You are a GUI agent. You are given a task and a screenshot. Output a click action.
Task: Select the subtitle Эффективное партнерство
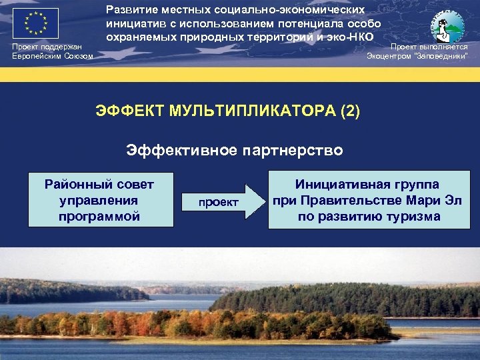[x=235, y=150]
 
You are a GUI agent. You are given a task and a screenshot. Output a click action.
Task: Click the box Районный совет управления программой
[x=99, y=200]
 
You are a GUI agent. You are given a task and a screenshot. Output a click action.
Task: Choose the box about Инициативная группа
[x=369, y=200]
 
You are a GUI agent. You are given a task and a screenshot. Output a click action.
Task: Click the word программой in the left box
[x=99, y=216]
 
